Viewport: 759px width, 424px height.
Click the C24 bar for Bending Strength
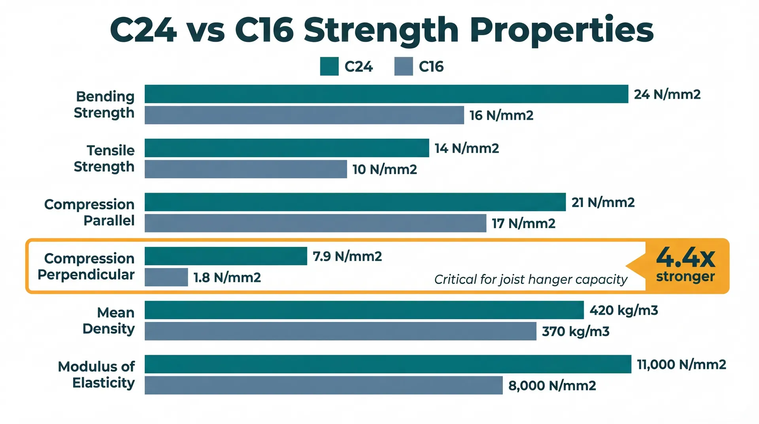pyautogui.click(x=386, y=94)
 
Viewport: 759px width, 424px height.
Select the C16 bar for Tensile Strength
pyautogui.click(x=245, y=169)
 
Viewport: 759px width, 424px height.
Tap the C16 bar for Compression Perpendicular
pyautogui.click(x=166, y=277)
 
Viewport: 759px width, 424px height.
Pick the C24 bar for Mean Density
pyautogui.click(x=364, y=310)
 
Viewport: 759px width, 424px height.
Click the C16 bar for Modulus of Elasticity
pyautogui.click(x=323, y=385)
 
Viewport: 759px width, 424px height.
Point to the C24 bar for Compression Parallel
pyautogui.click(x=355, y=202)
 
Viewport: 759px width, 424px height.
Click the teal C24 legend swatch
pyautogui.click(x=329, y=66)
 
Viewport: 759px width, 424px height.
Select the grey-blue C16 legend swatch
pyautogui.click(x=403, y=66)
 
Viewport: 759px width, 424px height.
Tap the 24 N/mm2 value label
pyautogui.click(x=667, y=95)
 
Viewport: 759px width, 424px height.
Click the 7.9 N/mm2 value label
pyautogui.click(x=347, y=256)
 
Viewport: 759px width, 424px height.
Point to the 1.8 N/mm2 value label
pyautogui.click(x=227, y=278)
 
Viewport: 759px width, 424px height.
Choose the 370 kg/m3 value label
pyautogui.click(x=575, y=331)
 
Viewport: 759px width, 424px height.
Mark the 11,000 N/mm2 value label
pyautogui.click(x=681, y=364)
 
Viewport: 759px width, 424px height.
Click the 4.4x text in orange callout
pyautogui.click(x=685, y=257)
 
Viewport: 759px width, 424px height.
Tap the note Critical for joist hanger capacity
pyautogui.click(x=531, y=280)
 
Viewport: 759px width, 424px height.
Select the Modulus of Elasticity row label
pyautogui.click(x=96, y=375)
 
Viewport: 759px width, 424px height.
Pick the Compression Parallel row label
pyautogui.click(x=89, y=212)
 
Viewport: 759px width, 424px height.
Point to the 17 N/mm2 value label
pyautogui.click(x=523, y=223)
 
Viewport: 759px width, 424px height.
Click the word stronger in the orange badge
pyautogui.click(x=685, y=276)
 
